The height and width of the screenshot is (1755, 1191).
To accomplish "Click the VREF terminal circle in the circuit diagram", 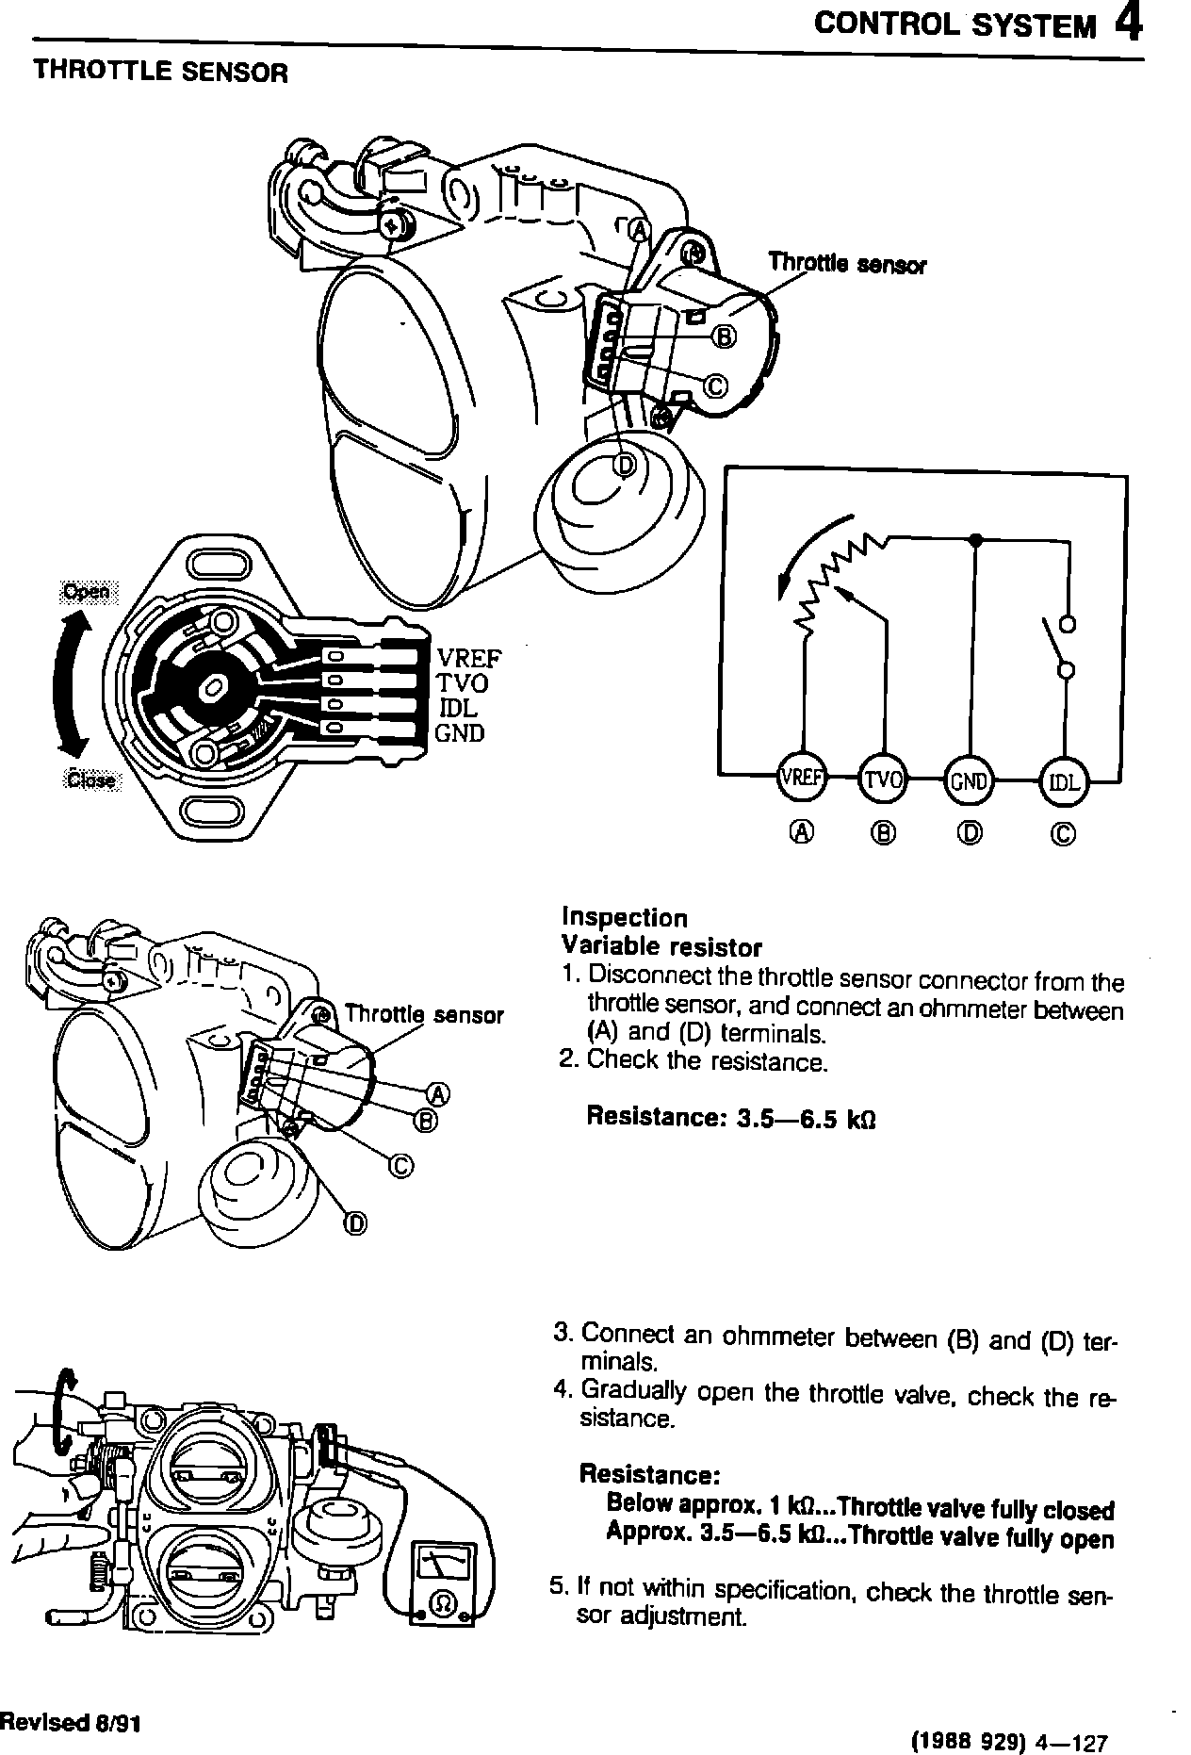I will click(800, 779).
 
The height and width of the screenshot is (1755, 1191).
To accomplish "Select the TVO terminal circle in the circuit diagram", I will click(884, 779).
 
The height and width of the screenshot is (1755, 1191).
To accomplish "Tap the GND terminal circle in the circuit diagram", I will click(969, 780).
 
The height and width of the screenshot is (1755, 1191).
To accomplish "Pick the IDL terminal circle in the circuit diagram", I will click(1063, 781).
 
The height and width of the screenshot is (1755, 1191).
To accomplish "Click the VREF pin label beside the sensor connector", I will click(469, 657).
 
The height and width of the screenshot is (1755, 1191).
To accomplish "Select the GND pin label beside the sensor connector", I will click(460, 733).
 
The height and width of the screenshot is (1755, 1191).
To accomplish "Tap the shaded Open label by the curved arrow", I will click(85, 592).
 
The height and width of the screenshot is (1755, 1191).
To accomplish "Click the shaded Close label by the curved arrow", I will click(91, 779).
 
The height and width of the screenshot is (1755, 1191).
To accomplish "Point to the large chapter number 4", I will click(1129, 24).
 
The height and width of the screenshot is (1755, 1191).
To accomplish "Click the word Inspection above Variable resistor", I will click(624, 917).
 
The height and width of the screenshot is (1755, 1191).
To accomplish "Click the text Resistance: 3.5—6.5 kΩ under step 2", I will click(731, 1117).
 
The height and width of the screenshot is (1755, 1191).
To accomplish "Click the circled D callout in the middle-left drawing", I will click(354, 1223).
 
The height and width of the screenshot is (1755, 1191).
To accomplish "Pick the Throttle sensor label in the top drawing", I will click(847, 263).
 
